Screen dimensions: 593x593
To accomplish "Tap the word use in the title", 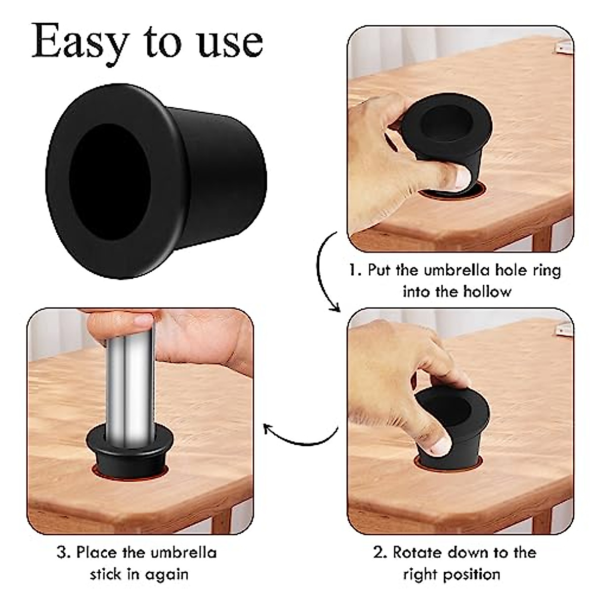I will pyautogui.click(x=230, y=42).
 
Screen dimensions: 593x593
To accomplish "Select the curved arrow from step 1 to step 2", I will pyautogui.click(x=324, y=272).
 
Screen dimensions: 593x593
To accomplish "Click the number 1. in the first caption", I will pyautogui.click(x=355, y=270).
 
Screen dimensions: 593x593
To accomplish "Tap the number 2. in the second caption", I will pyautogui.click(x=380, y=552).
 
